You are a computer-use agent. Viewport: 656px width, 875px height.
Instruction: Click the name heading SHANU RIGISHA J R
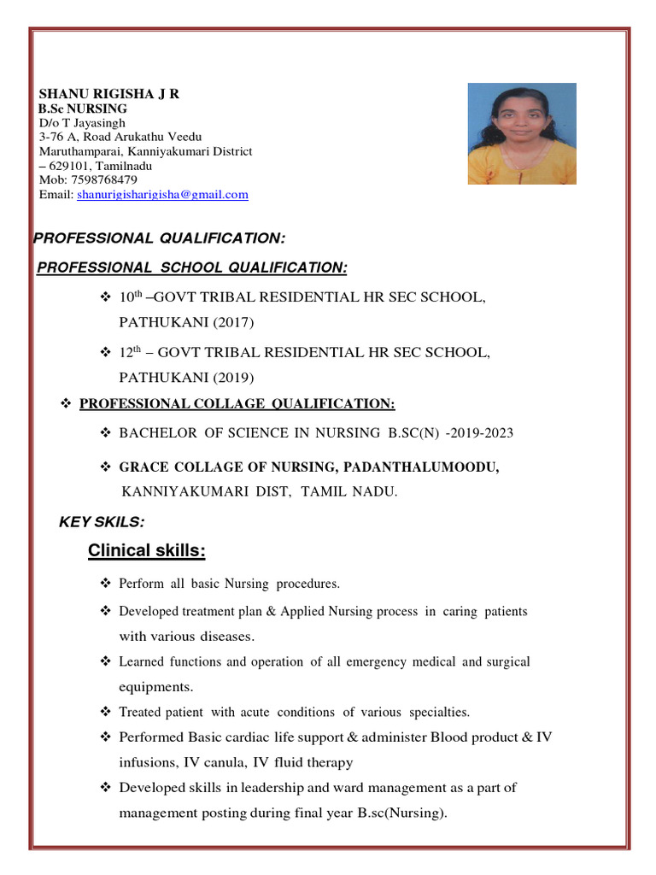click(109, 94)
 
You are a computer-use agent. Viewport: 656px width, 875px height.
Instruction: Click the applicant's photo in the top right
click(522, 133)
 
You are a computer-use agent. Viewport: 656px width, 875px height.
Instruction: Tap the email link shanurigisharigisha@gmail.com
click(162, 195)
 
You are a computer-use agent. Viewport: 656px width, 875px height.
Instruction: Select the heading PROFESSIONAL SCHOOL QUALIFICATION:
click(192, 268)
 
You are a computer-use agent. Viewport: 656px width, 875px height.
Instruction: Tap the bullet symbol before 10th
click(107, 297)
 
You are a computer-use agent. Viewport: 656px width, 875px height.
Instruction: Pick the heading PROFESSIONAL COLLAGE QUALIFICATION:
click(237, 404)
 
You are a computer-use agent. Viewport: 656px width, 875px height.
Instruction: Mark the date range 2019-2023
click(482, 433)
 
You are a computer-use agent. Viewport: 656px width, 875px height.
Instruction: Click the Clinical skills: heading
click(146, 551)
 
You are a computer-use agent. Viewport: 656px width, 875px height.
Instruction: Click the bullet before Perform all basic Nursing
click(107, 584)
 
